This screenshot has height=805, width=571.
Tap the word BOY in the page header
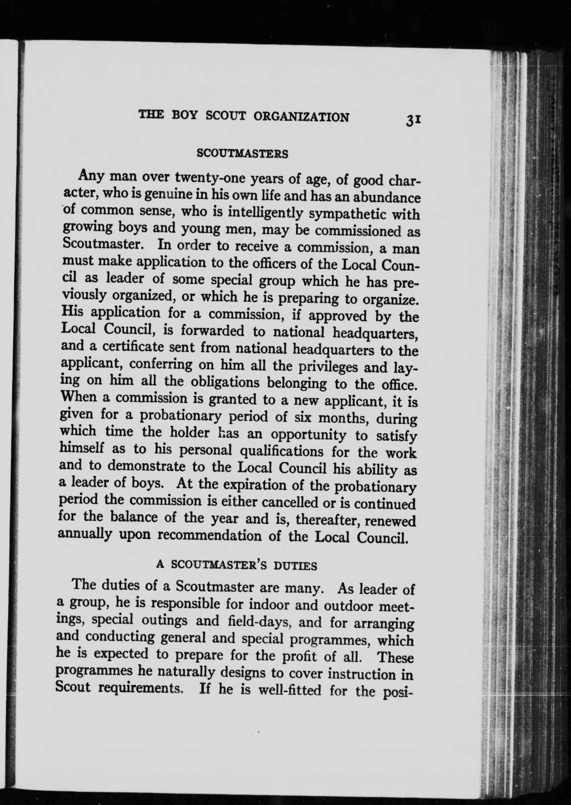click(185, 115)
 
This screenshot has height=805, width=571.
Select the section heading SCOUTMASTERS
click(242, 154)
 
